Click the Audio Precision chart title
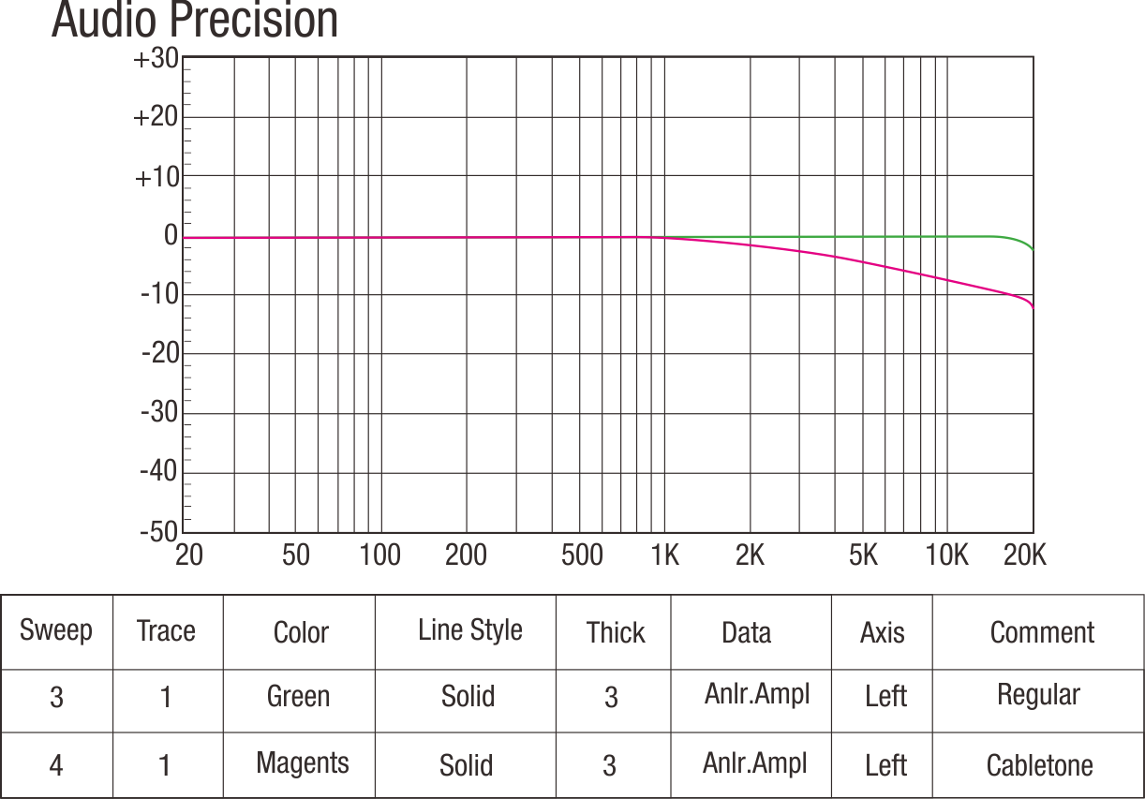point(195,21)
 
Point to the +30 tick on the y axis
point(156,59)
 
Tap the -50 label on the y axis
point(158,531)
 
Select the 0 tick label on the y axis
point(171,235)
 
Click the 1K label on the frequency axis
point(664,555)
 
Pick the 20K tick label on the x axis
point(1024,555)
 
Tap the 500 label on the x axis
point(582,555)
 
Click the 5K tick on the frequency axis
point(863,555)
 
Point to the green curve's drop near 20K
point(1028,244)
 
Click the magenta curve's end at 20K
point(1033,306)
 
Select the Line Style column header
point(469,630)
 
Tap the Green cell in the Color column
point(298,697)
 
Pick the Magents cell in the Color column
point(302,763)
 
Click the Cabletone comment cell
point(1039,765)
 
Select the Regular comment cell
point(1038,695)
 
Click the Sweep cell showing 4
point(56,765)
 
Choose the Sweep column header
point(56,630)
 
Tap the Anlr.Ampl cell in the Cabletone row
point(754,762)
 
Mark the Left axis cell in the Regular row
point(885,697)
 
